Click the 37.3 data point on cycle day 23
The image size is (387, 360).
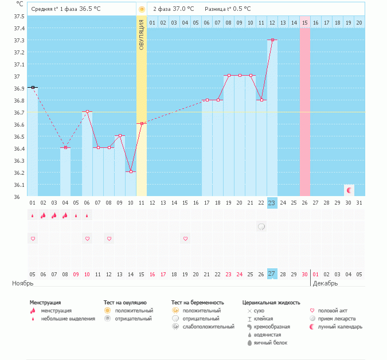click(x=272, y=40)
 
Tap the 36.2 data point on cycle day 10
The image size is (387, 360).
click(x=131, y=172)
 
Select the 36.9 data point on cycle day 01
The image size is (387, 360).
click(x=33, y=87)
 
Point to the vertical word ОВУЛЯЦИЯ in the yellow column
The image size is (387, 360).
click(x=142, y=35)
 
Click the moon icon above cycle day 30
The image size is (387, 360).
click(x=349, y=190)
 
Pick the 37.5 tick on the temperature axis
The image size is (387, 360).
click(x=19, y=16)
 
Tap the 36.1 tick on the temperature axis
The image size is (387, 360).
click(x=19, y=185)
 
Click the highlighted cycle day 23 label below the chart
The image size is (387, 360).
click(x=272, y=202)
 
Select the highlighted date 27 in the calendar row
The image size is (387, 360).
click(x=272, y=274)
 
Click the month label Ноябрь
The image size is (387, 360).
click(x=23, y=283)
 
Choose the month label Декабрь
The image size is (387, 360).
click(x=325, y=283)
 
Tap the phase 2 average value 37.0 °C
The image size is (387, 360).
click(x=183, y=9)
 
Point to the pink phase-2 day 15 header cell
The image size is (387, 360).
click(x=305, y=22)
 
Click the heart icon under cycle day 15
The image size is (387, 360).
click(x=185, y=238)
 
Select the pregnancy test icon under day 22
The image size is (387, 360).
click(x=261, y=227)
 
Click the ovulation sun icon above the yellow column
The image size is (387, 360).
click(x=142, y=10)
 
